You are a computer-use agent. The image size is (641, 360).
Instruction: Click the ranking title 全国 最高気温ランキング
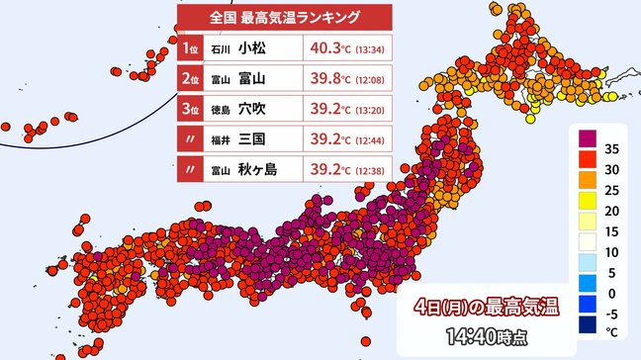[x=284, y=17]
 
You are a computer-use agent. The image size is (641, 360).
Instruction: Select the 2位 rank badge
[x=191, y=79]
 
